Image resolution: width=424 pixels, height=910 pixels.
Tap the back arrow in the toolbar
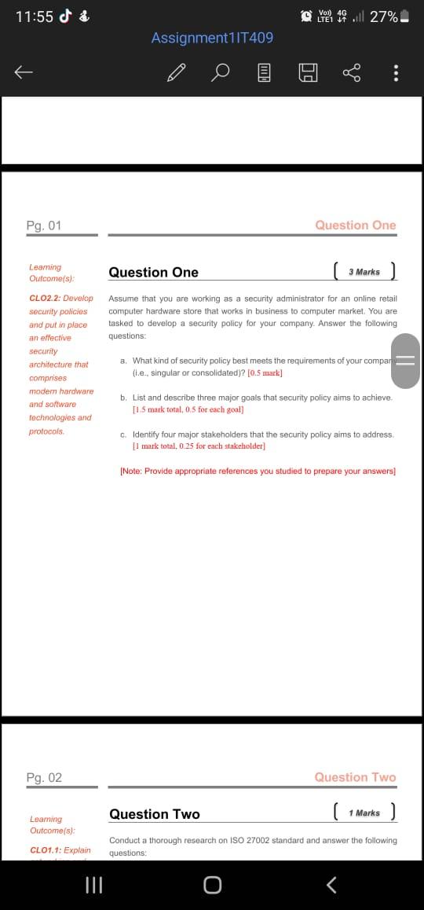pyautogui.click(x=24, y=73)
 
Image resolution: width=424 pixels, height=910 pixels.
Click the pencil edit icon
pyautogui.click(x=177, y=73)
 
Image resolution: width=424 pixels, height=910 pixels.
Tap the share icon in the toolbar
pyautogui.click(x=351, y=73)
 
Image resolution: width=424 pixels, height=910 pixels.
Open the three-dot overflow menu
pyautogui.click(x=396, y=73)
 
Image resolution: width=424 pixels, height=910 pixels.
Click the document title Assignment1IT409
pyautogui.click(x=212, y=38)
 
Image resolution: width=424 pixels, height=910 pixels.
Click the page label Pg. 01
pyautogui.click(x=44, y=226)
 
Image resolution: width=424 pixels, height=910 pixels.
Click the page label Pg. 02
pyautogui.click(x=44, y=778)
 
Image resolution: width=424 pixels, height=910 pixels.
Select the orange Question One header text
pyautogui.click(x=355, y=226)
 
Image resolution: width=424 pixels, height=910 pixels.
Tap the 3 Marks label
pyautogui.click(x=364, y=272)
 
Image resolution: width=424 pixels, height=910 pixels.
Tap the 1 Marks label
pyautogui.click(x=364, y=813)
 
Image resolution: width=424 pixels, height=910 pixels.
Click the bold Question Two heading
pyautogui.click(x=155, y=814)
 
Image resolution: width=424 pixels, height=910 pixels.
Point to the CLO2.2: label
pyautogui.click(x=44, y=299)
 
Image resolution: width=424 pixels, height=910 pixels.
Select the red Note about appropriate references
pyautogui.click(x=258, y=472)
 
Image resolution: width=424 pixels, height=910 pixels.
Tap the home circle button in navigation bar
pyautogui.click(x=212, y=886)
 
